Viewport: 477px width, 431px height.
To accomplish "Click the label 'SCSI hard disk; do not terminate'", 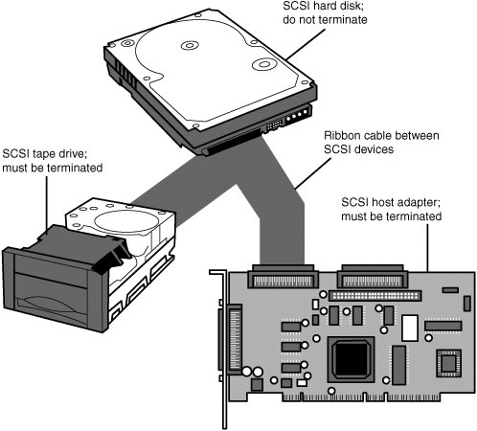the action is tap(325, 12).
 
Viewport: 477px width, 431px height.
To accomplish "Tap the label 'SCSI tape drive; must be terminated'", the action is tap(53, 161).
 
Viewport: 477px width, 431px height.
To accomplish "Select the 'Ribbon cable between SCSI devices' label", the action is tap(381, 143).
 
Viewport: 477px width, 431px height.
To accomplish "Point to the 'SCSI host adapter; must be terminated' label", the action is tap(392, 209).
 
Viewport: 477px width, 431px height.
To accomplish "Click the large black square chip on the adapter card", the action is tap(352, 359).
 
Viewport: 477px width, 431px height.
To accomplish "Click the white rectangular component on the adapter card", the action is tap(410, 328).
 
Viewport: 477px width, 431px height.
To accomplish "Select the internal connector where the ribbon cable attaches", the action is tap(283, 277).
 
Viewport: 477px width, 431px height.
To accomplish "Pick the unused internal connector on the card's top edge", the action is tap(373, 277).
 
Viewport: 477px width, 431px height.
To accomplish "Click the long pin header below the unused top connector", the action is tap(375, 296).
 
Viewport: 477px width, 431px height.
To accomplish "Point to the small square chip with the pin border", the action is tap(448, 363).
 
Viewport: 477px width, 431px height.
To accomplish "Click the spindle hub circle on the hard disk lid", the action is tap(190, 45).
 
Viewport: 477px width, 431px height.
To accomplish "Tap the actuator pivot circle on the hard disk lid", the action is tap(263, 64).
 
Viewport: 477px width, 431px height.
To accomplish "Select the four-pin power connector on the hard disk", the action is tap(298, 116).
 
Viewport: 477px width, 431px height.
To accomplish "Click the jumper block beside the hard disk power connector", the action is tap(274, 125).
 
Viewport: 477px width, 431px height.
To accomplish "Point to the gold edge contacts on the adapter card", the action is tap(362, 397).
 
